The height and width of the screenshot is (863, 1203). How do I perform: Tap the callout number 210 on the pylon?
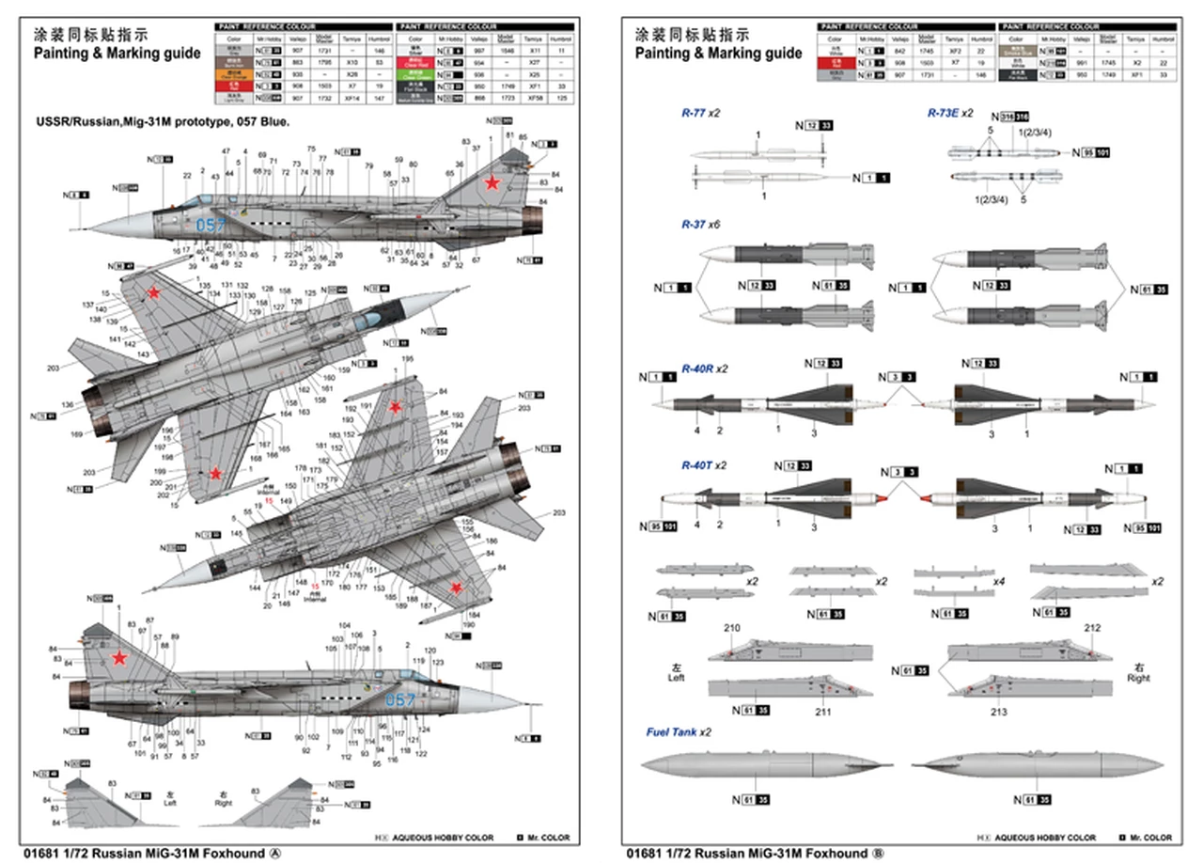(732, 628)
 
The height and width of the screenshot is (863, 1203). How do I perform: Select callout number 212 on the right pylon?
(1092, 628)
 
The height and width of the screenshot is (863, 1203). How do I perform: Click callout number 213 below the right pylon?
(999, 712)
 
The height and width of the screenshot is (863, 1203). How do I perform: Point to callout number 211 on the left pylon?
(823, 712)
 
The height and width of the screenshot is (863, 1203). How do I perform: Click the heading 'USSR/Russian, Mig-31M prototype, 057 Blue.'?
(163, 122)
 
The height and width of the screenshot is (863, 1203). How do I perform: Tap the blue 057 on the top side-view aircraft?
(211, 225)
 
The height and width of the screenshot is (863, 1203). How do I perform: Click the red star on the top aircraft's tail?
(492, 182)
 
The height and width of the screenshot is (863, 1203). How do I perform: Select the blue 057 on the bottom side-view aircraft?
(399, 699)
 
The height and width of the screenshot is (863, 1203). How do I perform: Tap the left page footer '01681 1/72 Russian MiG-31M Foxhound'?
(148, 853)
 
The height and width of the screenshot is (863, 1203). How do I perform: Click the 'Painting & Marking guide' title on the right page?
(718, 54)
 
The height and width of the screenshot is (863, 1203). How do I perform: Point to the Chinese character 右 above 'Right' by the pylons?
(1137, 666)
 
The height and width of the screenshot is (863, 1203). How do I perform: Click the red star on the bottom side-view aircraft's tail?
(119, 657)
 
